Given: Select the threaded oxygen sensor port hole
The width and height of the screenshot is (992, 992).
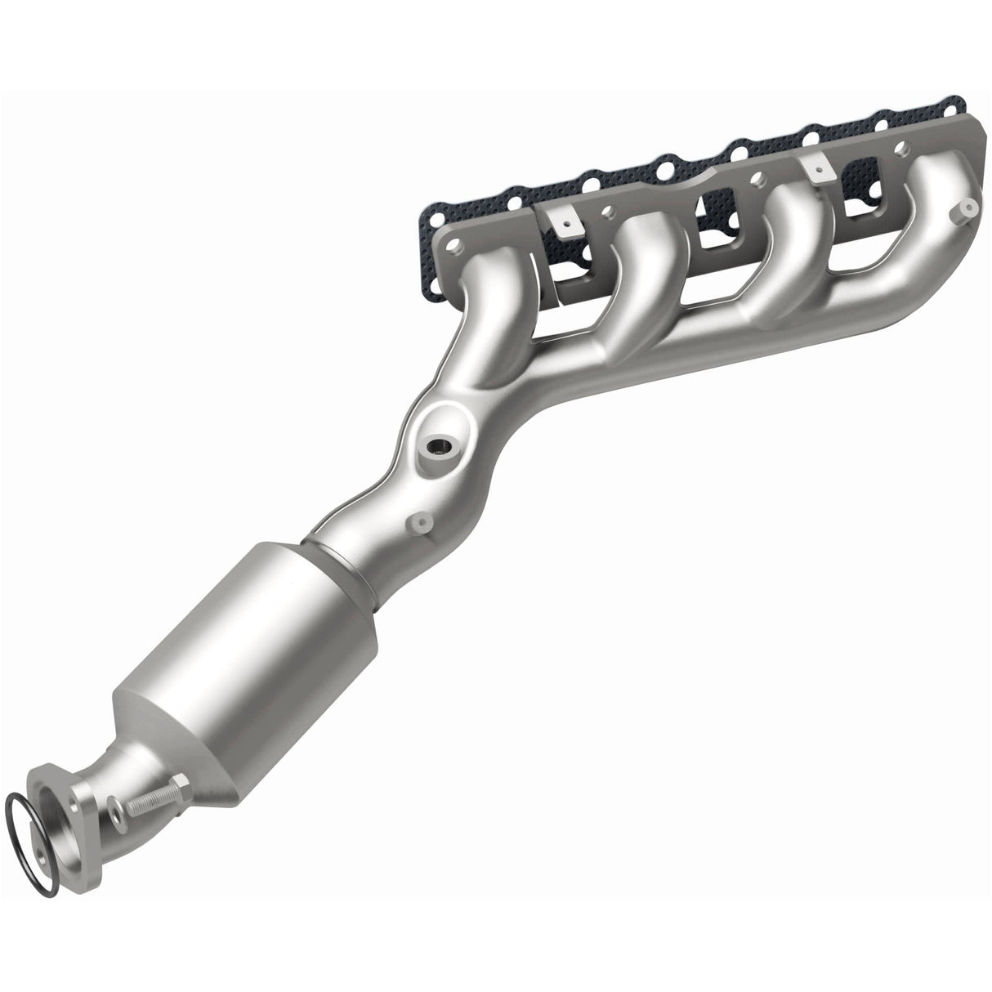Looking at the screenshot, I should click(x=440, y=447).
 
